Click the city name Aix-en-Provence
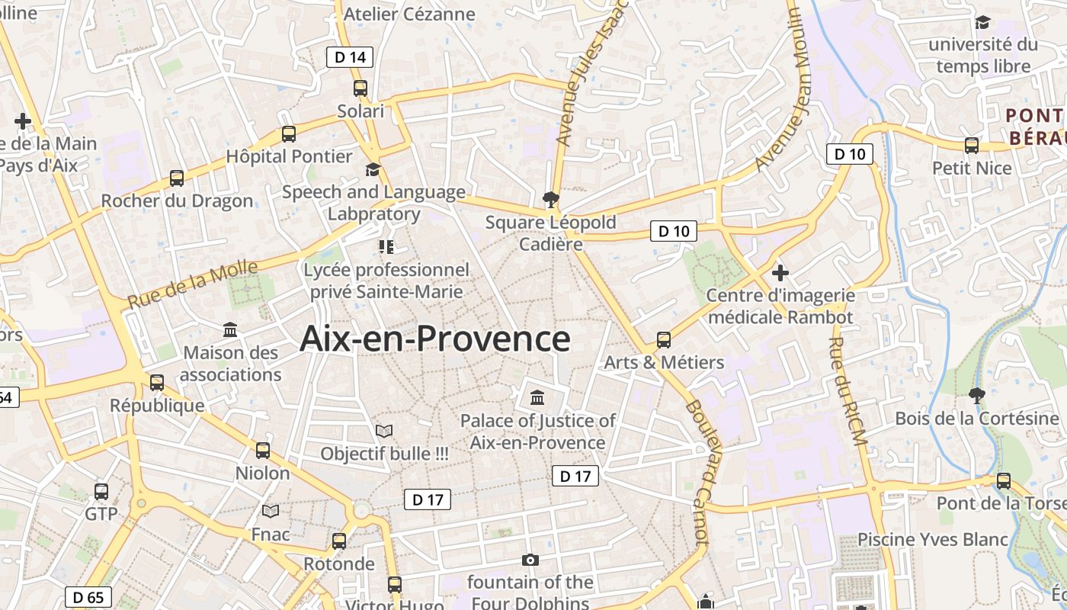434,339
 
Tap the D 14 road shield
350,56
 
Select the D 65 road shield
88,597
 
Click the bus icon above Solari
360,88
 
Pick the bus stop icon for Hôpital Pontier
289,134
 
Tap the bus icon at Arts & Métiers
664,340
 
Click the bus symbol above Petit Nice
972,146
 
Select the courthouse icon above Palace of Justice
537,398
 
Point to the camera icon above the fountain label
530,560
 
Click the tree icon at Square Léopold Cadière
550,201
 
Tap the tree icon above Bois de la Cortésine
976,396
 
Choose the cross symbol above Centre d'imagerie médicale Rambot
780,272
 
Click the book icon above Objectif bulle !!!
384,432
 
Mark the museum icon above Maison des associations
230,330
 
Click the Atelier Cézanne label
409,14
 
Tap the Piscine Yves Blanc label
933,540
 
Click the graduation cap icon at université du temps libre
982,22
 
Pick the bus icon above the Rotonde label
339,541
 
